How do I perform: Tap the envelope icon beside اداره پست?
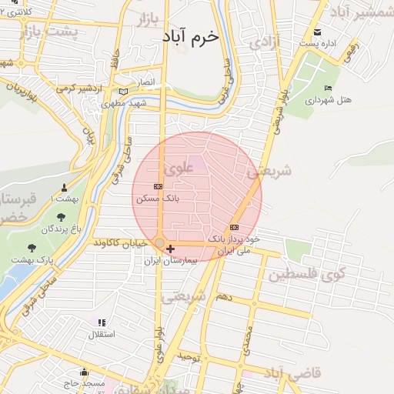coord(318,32)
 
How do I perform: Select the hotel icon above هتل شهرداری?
coord(329,88)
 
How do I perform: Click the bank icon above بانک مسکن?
coord(159,186)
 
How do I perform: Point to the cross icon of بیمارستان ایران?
coord(170,249)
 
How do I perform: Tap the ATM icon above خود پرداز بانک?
coord(234,227)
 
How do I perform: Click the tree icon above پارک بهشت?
coord(32,248)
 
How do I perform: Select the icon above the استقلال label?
coord(102,322)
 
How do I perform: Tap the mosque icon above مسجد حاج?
coord(83,372)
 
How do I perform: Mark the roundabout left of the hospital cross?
coord(159,243)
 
